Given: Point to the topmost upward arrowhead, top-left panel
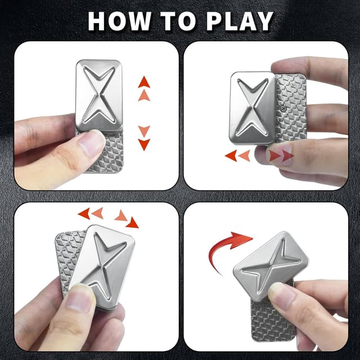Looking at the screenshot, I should (144, 82).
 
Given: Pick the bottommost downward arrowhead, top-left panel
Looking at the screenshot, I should (144, 145).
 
